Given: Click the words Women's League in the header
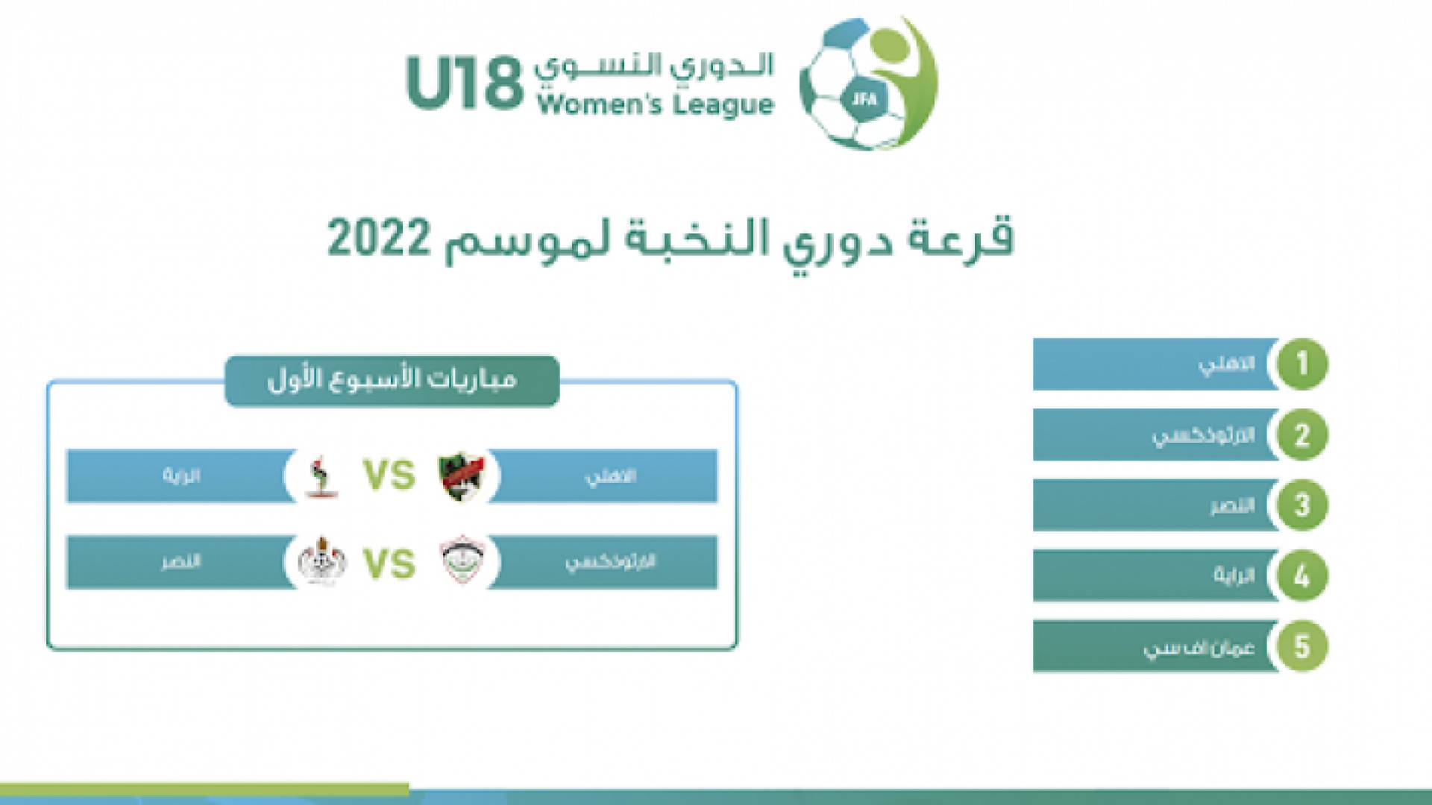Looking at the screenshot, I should click(x=655, y=104).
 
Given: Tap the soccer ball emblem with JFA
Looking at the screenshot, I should click(x=867, y=83).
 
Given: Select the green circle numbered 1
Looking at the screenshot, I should click(x=1301, y=364).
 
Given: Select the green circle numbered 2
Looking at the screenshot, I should click(x=1301, y=435).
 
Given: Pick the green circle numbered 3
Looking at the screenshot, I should click(x=1301, y=505).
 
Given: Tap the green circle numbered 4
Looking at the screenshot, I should click(x=1301, y=575).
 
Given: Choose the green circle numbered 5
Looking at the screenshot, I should click(x=1301, y=646).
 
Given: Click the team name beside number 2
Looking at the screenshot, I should click(x=1202, y=435).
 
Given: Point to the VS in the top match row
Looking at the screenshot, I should click(x=389, y=476).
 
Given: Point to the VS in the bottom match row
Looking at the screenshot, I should click(x=389, y=563).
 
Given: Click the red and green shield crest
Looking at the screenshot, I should click(x=460, y=476).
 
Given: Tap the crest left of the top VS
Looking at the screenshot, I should click(x=321, y=476).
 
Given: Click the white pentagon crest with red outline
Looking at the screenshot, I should click(x=460, y=562).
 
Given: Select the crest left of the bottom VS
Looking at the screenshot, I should click(x=321, y=562).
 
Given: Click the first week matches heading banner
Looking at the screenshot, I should click(x=392, y=381).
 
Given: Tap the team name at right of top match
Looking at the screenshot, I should click(x=609, y=476).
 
